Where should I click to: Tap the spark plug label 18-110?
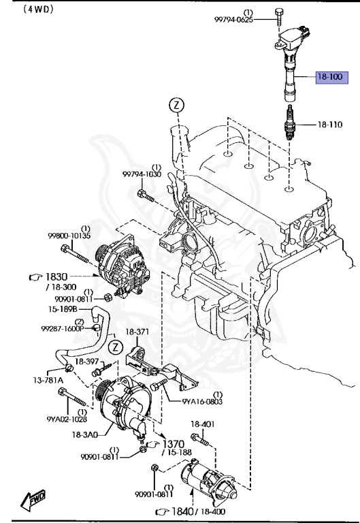point(332,125)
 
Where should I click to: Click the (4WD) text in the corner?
point(20,10)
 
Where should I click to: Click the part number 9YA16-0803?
point(202,402)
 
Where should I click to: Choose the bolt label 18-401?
point(202,423)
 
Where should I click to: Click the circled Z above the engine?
point(176,105)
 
